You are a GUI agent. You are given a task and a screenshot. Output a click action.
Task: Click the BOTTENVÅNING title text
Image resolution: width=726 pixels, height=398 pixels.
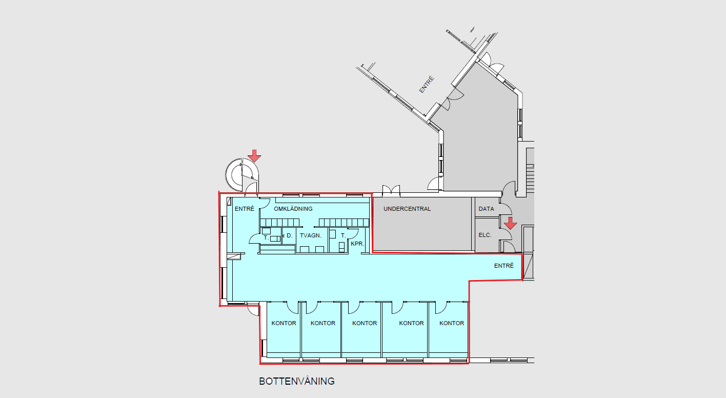coord(296,381)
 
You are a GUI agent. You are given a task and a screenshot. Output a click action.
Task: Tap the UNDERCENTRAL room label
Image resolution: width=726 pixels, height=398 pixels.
coord(407,209)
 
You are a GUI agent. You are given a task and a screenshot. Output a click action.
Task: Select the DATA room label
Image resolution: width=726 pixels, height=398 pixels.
coord(486,209)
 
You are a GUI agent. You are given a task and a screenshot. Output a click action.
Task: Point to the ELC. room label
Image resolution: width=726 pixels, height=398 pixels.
coord(485,235)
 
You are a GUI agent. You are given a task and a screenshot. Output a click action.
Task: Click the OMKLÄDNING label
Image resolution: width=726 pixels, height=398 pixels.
coord(293,209)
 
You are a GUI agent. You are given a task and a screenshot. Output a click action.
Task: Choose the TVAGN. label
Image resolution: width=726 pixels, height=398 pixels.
coord(311,235)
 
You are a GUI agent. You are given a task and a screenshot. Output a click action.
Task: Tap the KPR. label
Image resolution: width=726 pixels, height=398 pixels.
coord(357,244)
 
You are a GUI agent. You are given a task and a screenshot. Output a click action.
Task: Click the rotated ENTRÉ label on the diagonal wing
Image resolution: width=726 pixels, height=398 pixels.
coord(426,85)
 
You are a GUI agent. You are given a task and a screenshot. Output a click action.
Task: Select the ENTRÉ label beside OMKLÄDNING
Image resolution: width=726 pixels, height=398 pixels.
coord(245,209)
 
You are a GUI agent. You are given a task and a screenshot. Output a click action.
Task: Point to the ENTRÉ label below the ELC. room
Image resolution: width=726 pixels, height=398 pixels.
coord(504,266)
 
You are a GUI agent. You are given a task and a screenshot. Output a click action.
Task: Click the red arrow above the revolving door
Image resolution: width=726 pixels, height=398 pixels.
coord(254,156)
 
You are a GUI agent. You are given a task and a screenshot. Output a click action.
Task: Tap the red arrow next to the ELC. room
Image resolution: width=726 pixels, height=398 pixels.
coord(511,223)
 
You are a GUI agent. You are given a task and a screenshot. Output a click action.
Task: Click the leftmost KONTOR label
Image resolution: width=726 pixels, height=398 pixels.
coord(284,324)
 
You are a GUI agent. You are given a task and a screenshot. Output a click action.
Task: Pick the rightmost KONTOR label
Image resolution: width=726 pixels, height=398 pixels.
coord(452,324)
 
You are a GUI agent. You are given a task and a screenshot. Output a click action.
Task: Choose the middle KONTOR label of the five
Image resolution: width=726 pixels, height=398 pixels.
coord(365,324)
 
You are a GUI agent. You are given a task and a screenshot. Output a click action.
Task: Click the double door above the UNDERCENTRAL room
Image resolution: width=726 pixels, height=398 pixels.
coord(391,191)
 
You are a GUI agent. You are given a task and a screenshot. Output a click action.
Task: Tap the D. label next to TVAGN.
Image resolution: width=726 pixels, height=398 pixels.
coord(290,235)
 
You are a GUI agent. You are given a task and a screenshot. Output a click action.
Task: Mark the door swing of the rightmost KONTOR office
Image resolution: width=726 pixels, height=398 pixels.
coord(441,308)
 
